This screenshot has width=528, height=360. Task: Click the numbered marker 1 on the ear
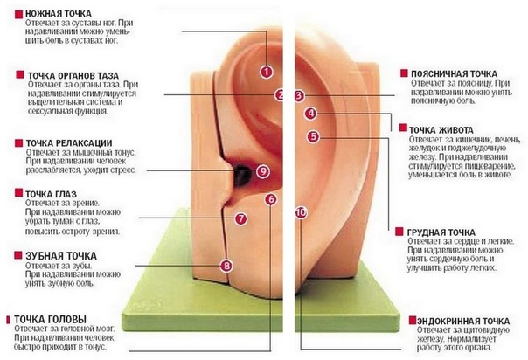pos(266,72)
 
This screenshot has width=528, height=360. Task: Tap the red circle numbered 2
pos(280,95)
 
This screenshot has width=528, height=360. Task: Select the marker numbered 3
pos(298,95)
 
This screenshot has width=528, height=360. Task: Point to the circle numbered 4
pos(310,114)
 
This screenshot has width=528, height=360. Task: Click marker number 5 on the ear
pos(314,136)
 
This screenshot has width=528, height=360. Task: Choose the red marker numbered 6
pos(270,199)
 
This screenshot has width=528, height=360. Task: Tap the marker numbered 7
pos(240,218)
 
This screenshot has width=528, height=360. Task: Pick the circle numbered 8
pos(227,265)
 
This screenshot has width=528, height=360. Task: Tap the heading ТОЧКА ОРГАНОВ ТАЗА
pos(73,75)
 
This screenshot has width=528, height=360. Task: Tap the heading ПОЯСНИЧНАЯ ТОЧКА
pos(453,73)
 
